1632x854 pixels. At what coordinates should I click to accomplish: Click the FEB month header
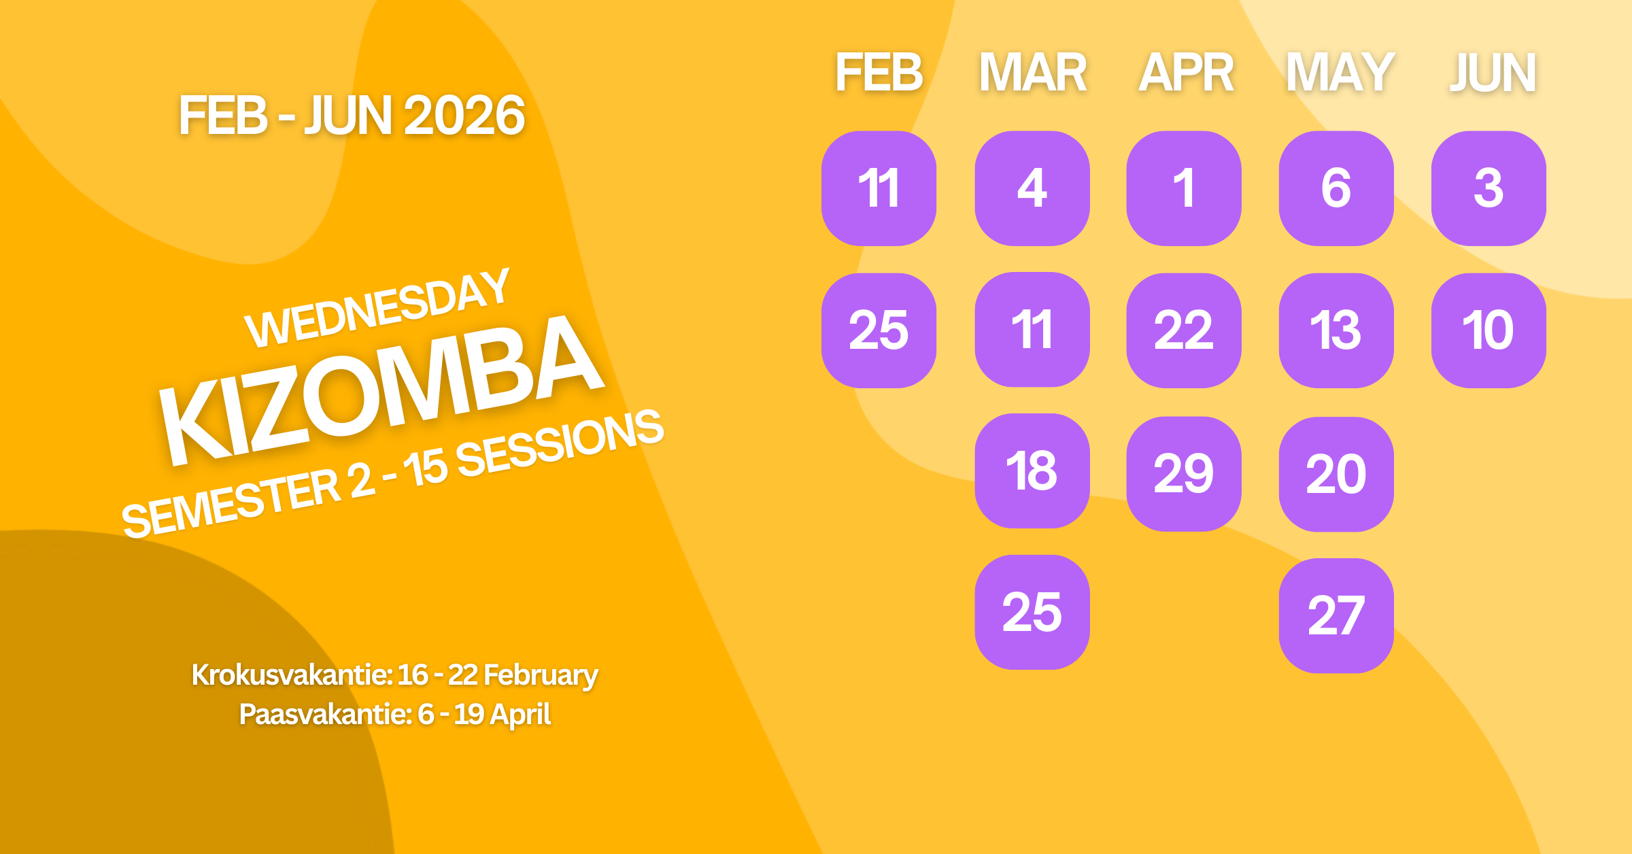pyautogui.click(x=879, y=73)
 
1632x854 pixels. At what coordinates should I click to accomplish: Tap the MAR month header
pyautogui.click(x=1032, y=73)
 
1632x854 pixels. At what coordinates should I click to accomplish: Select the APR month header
pyautogui.click(x=1186, y=73)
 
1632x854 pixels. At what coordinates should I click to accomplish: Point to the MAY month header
pyautogui.click(x=1340, y=73)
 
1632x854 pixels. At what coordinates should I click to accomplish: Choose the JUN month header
pyautogui.click(x=1493, y=73)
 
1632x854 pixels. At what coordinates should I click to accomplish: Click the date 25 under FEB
pyautogui.click(x=879, y=330)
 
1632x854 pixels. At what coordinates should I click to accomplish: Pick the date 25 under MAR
pyautogui.click(x=1032, y=612)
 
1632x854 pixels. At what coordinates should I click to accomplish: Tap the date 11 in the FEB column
pyautogui.click(x=879, y=188)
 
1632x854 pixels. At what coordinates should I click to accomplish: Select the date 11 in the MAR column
pyautogui.click(x=1032, y=330)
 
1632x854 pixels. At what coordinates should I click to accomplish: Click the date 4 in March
pyautogui.click(x=1032, y=188)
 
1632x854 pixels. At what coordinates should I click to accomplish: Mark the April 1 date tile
pyautogui.click(x=1184, y=188)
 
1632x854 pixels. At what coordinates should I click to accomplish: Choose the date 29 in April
pyautogui.click(x=1184, y=474)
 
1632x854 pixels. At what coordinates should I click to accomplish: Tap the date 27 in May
pyautogui.click(x=1336, y=616)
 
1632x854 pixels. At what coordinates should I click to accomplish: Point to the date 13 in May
pyautogui.click(x=1336, y=330)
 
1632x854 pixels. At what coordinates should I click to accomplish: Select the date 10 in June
pyautogui.click(x=1489, y=330)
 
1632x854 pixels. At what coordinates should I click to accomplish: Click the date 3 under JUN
pyautogui.click(x=1489, y=188)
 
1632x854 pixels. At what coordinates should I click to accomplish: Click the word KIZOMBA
pyautogui.click(x=381, y=391)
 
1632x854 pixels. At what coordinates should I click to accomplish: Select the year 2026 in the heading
pyautogui.click(x=464, y=116)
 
